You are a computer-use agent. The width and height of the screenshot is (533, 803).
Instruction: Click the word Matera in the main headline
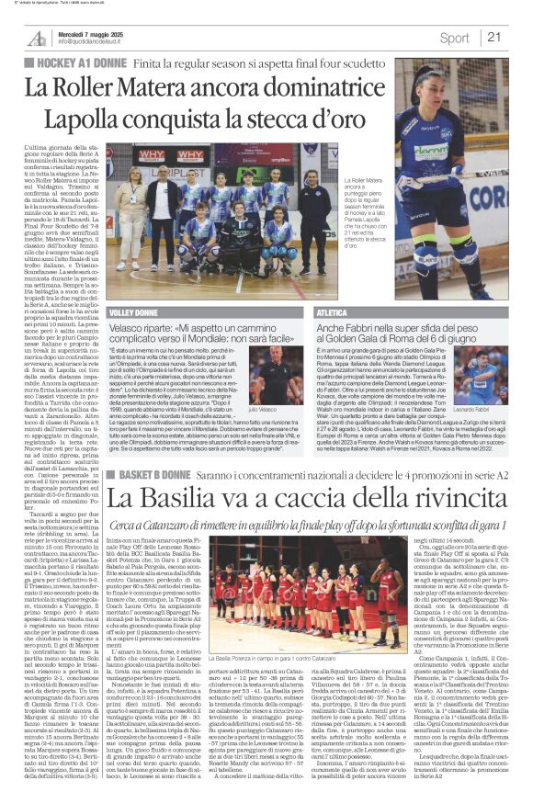click(x=164, y=89)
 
